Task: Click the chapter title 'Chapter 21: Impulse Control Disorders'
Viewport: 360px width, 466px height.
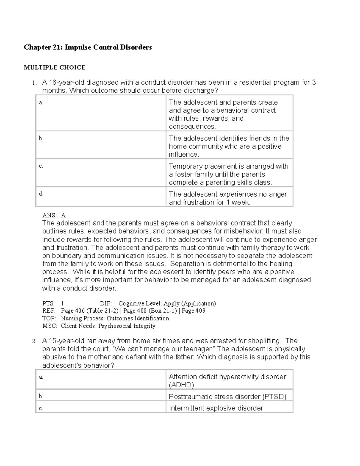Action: pyautogui.click(x=88, y=47)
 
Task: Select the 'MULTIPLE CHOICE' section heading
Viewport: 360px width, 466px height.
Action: pyautogui.click(x=55, y=68)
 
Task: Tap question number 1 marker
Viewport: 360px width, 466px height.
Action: pyautogui.click(x=34, y=83)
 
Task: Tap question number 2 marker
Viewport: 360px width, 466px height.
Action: pyautogui.click(x=34, y=341)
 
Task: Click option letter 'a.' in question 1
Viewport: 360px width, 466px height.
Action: pyautogui.click(x=41, y=103)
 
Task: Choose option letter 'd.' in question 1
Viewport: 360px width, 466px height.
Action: pyautogui.click(x=41, y=194)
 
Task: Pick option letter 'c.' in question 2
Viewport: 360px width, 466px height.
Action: pyautogui.click(x=41, y=408)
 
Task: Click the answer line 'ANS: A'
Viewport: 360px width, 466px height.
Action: pyautogui.click(x=54, y=215)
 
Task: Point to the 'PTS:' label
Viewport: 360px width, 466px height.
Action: pyautogui.click(x=48, y=303)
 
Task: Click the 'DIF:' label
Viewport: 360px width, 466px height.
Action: pyautogui.click(x=106, y=303)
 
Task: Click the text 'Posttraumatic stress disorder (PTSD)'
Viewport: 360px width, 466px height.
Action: pyautogui.click(x=227, y=397)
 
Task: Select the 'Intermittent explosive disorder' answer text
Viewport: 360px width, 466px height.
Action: pyautogui.click(x=216, y=408)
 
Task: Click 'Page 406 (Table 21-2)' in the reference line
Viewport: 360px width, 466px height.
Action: pyautogui.click(x=89, y=311)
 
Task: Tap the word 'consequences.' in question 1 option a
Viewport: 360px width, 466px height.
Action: pyautogui.click(x=192, y=127)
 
